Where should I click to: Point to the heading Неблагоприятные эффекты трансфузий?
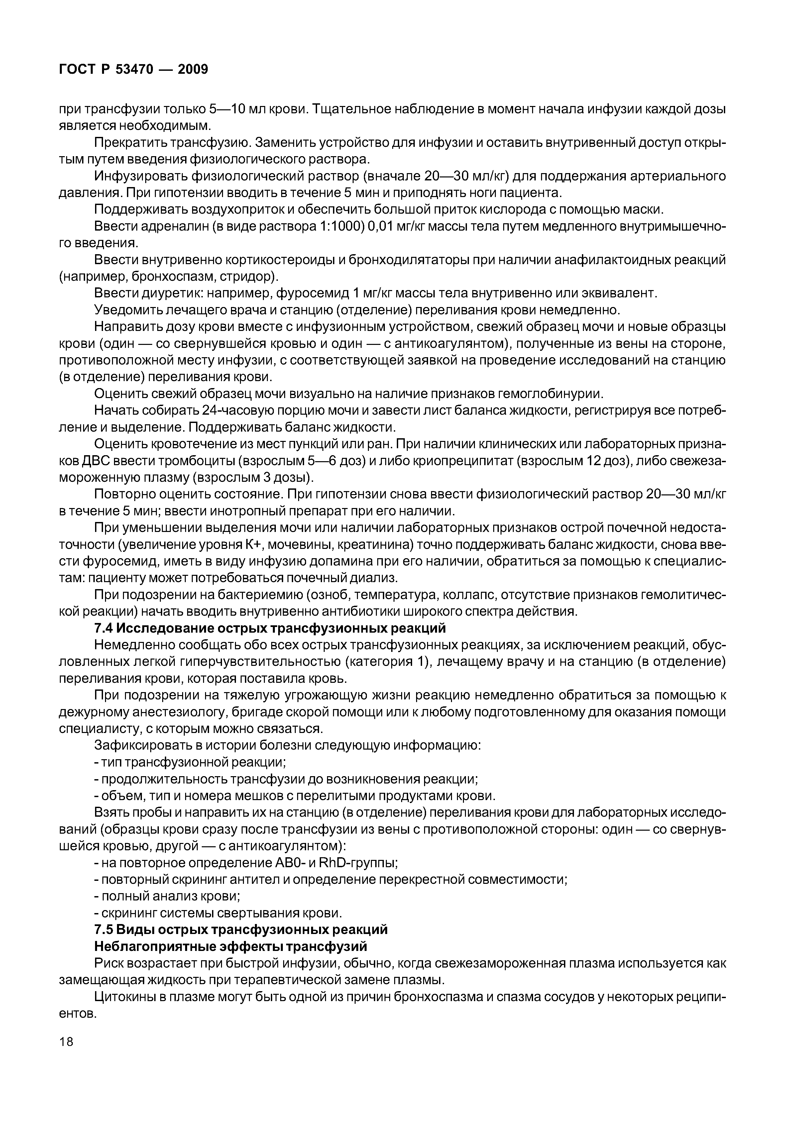[x=231, y=946]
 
